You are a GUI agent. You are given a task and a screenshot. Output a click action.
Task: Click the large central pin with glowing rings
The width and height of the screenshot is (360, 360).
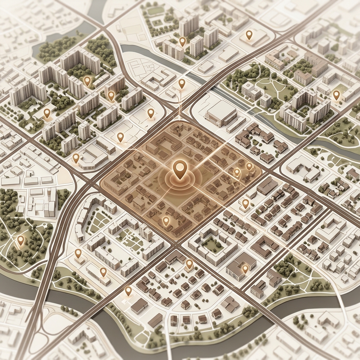point(180,168)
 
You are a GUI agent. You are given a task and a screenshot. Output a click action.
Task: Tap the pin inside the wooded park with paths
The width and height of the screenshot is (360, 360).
point(21,240)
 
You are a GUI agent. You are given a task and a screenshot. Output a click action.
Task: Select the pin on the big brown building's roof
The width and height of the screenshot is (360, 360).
point(245,269)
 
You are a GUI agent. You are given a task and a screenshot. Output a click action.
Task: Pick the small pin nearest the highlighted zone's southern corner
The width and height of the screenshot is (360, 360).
point(166,221)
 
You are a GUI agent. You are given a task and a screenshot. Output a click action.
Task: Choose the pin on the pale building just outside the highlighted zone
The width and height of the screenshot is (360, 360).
point(245,203)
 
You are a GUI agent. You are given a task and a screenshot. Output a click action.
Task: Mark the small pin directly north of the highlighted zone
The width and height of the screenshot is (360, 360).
point(181,83)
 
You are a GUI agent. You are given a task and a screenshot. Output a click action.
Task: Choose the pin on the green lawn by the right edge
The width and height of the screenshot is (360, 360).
point(336,95)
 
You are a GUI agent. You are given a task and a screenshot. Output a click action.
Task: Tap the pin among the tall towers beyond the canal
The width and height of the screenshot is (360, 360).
point(182,41)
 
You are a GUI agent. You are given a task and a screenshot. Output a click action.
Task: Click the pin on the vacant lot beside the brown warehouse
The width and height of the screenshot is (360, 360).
point(128,290)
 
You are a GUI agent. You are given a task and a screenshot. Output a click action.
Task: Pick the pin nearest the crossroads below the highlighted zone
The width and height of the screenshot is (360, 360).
point(189,263)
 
